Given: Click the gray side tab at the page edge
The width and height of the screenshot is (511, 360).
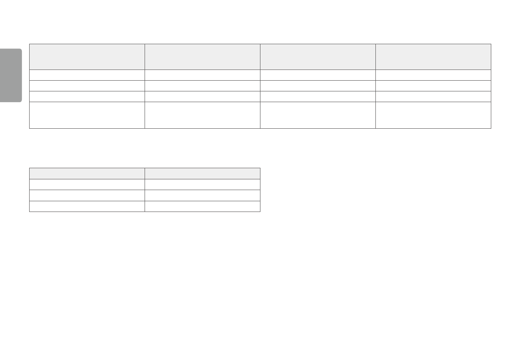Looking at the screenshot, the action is tap(11, 75).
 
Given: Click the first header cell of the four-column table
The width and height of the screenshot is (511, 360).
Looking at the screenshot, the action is tap(87, 57).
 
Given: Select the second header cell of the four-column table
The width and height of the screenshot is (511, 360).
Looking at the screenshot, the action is tap(202, 57).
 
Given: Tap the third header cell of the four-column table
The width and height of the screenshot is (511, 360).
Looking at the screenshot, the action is tap(317, 57).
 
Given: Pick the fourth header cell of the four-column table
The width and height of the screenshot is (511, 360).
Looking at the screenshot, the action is tap(433, 57).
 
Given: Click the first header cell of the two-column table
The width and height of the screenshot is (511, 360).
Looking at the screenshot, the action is tap(87, 173).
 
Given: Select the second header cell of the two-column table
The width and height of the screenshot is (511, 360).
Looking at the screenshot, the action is tap(202, 173).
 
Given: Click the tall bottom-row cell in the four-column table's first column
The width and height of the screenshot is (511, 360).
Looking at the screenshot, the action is tap(87, 115).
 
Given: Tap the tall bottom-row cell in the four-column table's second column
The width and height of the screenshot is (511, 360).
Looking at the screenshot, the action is tap(202, 115).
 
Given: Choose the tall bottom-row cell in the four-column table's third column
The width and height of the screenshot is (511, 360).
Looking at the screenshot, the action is tap(317, 115).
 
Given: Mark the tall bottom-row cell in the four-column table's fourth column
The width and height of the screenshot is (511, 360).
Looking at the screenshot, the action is tap(433, 115).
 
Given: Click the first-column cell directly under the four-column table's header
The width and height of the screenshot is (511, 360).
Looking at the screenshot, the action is tap(87, 75).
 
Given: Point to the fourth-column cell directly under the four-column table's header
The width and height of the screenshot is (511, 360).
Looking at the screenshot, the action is tap(433, 75).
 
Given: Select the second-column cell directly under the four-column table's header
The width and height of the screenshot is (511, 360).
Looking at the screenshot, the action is tap(202, 75).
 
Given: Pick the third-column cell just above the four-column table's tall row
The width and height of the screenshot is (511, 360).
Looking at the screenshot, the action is tap(317, 97).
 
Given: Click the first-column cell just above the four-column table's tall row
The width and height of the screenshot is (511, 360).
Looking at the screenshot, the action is tap(87, 97).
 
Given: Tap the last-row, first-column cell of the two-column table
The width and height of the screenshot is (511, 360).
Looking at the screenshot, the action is tap(87, 206).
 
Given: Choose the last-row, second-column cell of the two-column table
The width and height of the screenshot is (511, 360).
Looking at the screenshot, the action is tap(202, 206).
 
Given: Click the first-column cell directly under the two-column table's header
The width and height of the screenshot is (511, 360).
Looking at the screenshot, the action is tap(87, 185).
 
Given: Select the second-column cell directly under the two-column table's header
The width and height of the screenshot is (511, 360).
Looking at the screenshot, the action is tap(202, 185).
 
